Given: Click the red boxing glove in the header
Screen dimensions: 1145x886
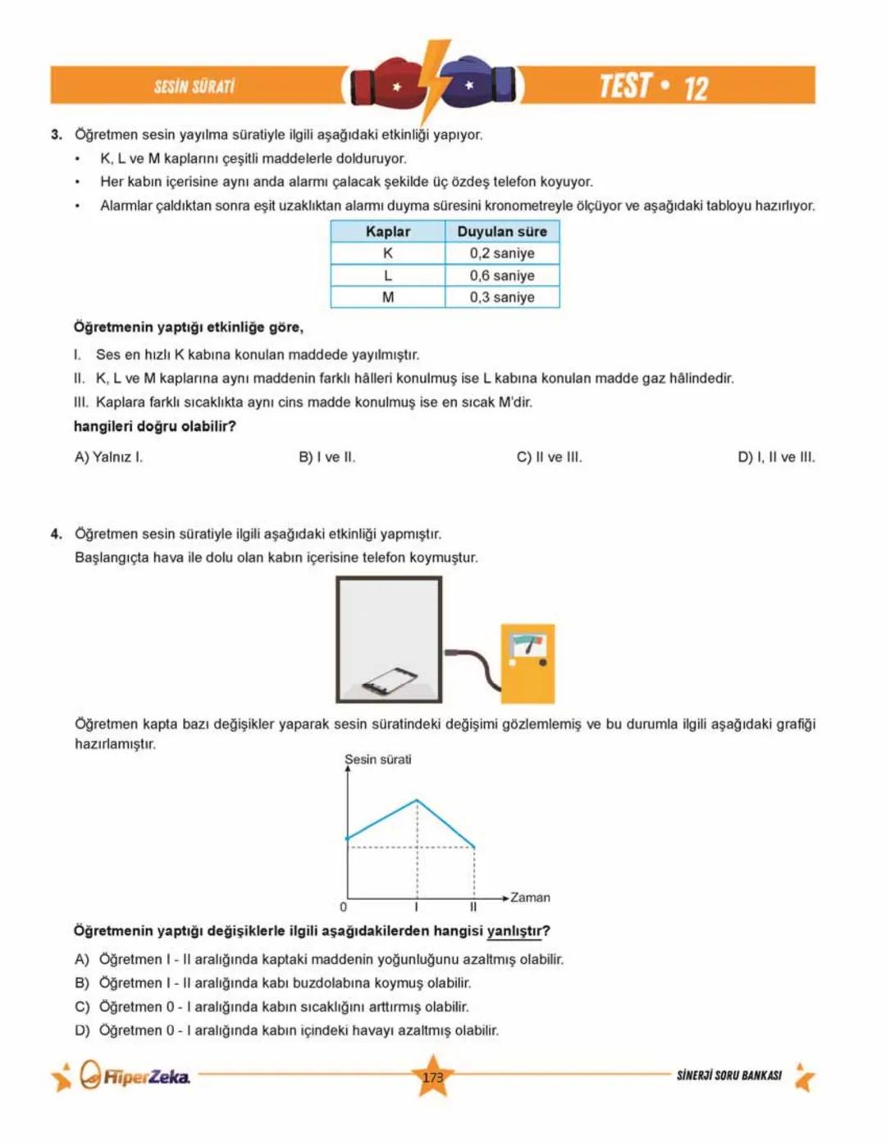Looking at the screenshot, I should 386,84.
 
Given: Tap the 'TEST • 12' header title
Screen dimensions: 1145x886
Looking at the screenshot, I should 653,86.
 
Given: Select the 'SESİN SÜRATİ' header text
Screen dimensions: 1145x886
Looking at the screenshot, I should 194,87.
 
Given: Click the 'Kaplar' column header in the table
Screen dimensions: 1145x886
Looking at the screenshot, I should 388,232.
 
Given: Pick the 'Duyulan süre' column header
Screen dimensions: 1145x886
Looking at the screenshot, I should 502,232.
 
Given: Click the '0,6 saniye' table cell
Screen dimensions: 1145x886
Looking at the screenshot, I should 502,276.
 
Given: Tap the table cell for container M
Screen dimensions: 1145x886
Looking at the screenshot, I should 388,298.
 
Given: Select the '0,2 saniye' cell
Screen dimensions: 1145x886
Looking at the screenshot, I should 502,254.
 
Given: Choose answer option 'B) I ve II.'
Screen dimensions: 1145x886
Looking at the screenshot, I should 327,457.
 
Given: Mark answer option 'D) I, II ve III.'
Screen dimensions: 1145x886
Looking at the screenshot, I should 776,457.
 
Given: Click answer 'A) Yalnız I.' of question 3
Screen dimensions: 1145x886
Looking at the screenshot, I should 108,457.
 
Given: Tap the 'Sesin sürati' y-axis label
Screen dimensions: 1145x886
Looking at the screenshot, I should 378,760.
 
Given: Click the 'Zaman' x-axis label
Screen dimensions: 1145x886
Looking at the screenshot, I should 530,897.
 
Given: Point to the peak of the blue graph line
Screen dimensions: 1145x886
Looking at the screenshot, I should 417,800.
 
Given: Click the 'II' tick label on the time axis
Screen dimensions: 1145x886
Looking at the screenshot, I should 473,907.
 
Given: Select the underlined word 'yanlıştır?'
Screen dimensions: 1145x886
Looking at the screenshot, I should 518,931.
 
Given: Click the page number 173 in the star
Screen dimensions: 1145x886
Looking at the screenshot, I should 433,1077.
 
